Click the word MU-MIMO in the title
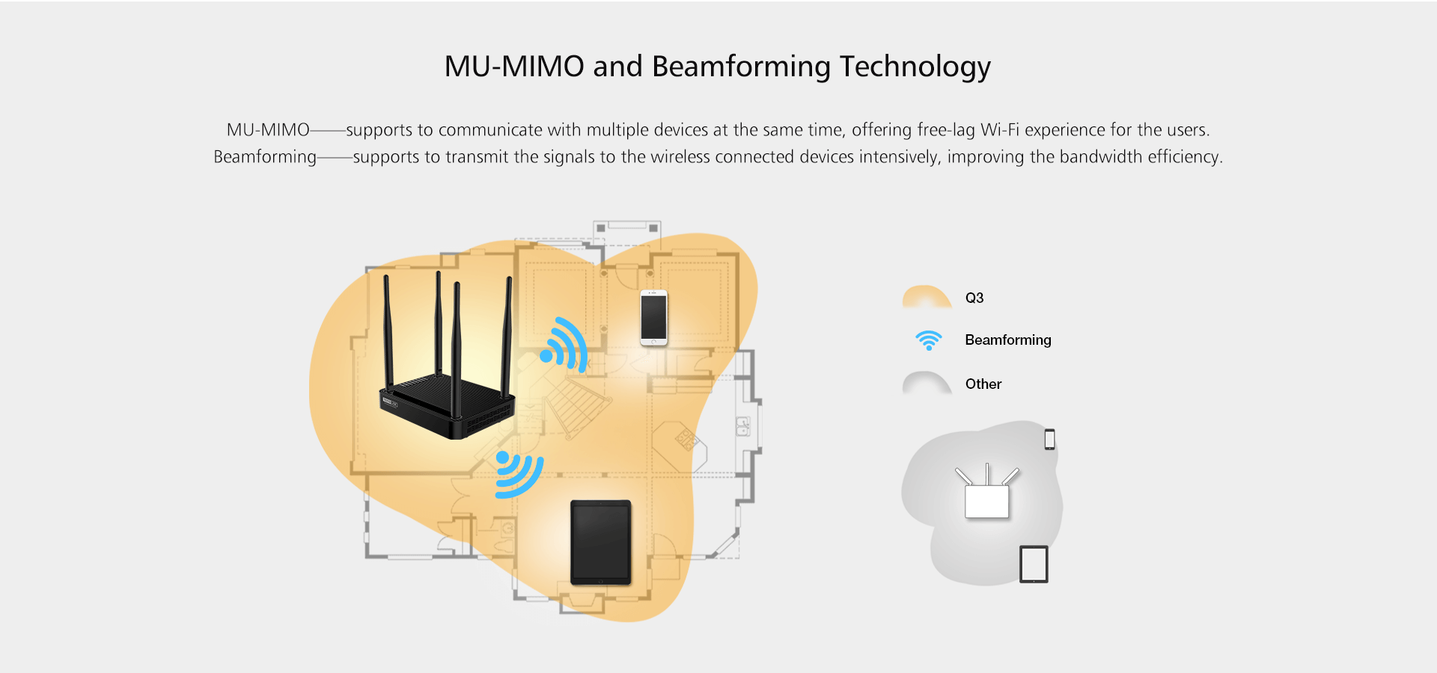coord(513,67)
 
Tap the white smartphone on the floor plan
coord(653,318)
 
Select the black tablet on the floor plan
coord(600,543)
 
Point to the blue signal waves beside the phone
coord(565,345)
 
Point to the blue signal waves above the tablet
coord(518,474)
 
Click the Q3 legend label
coord(974,298)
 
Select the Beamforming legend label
coord(1007,340)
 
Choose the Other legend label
coord(983,384)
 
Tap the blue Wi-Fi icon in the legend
coord(929,340)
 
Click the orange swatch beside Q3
coord(927,297)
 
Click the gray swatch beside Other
coord(927,383)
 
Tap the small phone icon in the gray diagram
coord(1049,440)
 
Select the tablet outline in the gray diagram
coord(1034,565)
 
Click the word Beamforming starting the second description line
coord(265,157)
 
